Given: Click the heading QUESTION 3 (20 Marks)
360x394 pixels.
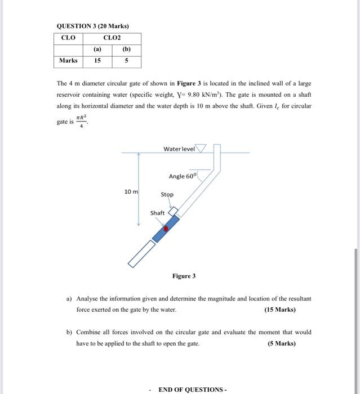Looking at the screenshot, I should point(93,26).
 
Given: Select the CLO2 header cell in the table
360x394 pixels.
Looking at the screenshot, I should point(112,38).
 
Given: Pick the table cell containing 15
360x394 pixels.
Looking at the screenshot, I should point(97,61).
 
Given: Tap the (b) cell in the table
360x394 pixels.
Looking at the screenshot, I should point(126,49).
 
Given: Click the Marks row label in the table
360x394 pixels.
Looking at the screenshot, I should point(69,61).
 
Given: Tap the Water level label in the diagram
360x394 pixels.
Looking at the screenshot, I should point(179,149).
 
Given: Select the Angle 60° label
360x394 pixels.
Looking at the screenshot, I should point(183,176).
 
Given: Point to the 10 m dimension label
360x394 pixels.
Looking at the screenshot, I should point(131,192).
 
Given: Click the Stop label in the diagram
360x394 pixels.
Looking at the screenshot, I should point(167,195).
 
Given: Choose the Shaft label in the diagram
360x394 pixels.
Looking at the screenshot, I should point(157,213).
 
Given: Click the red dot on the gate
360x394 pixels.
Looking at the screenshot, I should point(166,229).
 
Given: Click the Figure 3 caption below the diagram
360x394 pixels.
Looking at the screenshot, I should point(184,276).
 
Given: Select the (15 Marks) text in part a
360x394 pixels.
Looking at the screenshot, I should point(279,310).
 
